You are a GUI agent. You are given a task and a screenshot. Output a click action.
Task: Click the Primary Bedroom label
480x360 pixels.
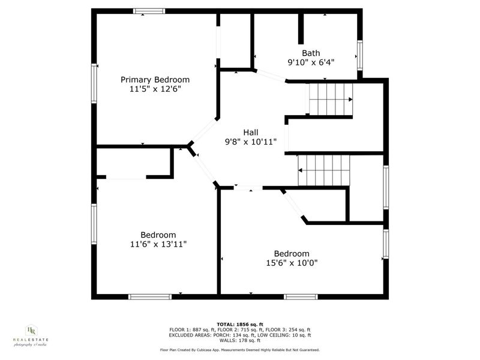pos(155,80)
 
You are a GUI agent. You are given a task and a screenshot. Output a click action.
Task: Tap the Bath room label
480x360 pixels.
pos(311,53)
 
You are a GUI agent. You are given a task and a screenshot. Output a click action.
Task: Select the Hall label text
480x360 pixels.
pos(251,133)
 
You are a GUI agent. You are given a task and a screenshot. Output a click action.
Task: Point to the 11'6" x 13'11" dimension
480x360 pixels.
pos(158,244)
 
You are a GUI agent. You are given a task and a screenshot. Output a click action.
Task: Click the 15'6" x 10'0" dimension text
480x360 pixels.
pos(292,263)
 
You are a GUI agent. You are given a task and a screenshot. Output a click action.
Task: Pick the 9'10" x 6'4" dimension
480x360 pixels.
pos(311,62)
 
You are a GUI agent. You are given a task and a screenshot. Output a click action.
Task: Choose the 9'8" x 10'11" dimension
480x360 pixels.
pos(251,142)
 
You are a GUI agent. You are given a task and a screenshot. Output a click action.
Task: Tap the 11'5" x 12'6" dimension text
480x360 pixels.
pos(155,89)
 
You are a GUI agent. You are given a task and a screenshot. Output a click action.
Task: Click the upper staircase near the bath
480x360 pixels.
pos(330,99)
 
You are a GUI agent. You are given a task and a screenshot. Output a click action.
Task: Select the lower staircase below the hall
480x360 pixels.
pos(324,170)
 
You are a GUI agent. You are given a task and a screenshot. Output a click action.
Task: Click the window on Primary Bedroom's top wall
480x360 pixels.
pos(149,11)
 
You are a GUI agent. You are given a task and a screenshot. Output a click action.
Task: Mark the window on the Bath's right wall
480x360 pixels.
pos(360,55)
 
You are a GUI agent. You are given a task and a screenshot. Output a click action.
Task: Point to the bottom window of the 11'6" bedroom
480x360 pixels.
pos(146,296)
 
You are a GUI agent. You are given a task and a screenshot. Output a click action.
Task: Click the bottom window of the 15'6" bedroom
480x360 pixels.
pos(301,296)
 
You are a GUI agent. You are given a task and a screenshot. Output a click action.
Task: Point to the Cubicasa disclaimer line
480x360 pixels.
pos(239,350)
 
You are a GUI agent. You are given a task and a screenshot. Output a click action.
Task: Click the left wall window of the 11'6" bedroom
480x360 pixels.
pos(94,224)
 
